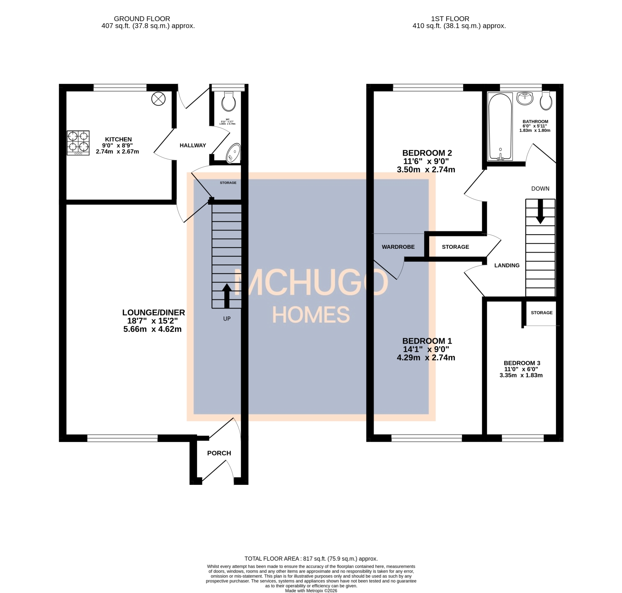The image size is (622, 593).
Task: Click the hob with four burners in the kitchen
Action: tap(78, 143)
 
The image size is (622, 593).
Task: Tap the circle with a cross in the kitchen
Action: tap(158, 99)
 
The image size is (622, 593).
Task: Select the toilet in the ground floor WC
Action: tap(228, 101)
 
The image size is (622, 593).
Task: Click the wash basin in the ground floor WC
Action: tap(233, 153)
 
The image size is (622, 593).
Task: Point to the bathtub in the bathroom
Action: tap(500, 126)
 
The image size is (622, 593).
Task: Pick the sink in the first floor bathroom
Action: tap(525, 98)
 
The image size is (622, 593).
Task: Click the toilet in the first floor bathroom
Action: tap(546, 100)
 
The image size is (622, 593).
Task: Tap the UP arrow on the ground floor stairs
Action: tap(227, 296)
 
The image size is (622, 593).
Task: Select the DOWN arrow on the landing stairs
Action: tap(540, 212)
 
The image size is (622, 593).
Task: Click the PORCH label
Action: tap(219, 453)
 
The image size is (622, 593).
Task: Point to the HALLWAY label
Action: tap(193, 146)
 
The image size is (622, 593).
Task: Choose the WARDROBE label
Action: tap(398, 247)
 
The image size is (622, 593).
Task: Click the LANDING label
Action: tap(507, 265)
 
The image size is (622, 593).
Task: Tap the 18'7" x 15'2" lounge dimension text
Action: tap(152, 321)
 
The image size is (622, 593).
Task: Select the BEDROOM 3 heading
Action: tap(522, 363)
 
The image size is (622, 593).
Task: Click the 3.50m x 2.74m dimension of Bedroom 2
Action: tap(426, 170)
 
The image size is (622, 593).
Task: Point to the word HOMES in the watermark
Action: tap(311, 315)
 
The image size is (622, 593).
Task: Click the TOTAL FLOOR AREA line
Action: tap(311, 559)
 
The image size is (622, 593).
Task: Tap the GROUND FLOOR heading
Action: tap(142, 19)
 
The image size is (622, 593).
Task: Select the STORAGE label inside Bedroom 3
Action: tap(542, 313)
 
